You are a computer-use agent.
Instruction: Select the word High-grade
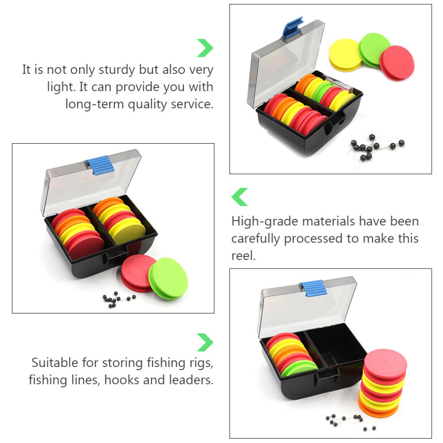265,221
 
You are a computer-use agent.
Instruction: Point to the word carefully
256,239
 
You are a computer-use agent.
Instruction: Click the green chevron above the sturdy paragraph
205,48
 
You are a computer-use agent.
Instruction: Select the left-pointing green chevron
239,197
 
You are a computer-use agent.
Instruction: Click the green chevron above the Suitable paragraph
205,342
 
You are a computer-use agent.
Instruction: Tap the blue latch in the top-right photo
293,27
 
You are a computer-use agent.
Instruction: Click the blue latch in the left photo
101,165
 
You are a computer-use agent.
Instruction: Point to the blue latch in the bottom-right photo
314,289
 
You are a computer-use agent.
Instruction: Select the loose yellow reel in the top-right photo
345,55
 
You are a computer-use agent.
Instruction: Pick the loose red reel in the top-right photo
397,63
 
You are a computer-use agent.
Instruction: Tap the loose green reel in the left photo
168,278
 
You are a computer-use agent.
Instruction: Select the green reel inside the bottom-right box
299,368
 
